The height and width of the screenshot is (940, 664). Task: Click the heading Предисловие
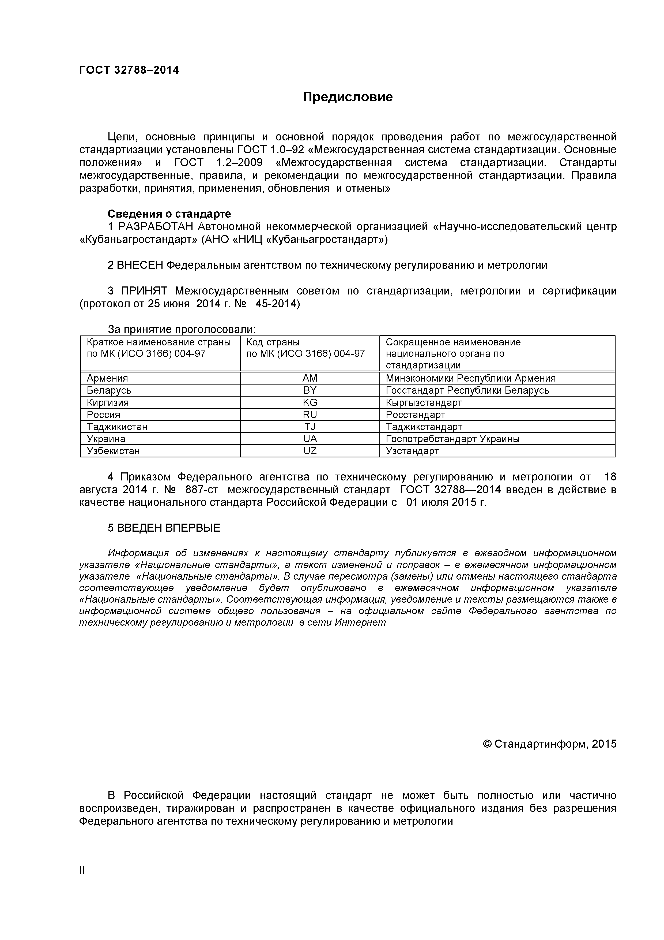348,97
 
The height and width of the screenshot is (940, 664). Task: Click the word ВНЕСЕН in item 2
140,265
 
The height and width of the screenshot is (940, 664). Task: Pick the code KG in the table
310,402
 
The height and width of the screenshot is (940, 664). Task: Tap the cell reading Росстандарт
415,415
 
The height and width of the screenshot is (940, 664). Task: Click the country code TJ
310,427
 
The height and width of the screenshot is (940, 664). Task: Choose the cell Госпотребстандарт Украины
452,439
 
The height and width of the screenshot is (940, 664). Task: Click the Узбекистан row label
113,451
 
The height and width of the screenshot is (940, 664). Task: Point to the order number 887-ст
201,490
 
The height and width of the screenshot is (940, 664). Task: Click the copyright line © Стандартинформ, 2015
549,744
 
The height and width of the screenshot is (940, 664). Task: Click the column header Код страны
273,342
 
